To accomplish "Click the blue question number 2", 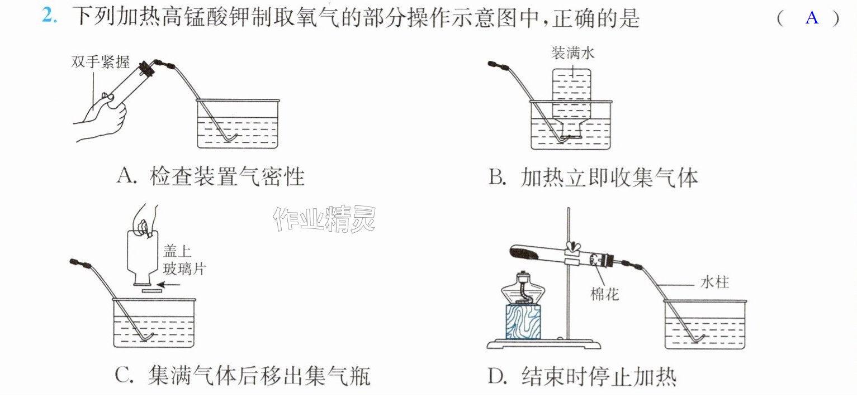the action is pos(49,16).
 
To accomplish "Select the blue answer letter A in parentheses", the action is pos(812,17).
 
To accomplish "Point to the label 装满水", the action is pos(573,52).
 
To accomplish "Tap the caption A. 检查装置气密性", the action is pos(211,176).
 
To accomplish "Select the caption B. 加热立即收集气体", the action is pos(593,178).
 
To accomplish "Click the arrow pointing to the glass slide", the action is pos(168,285).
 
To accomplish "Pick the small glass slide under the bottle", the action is pos(152,291).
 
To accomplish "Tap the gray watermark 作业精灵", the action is pos(324,219).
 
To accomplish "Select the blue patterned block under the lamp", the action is pos(523,322).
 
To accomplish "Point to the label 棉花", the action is pos(604,294).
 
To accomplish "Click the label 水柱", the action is pos(714,282).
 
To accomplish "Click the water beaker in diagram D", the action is pos(705,324).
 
